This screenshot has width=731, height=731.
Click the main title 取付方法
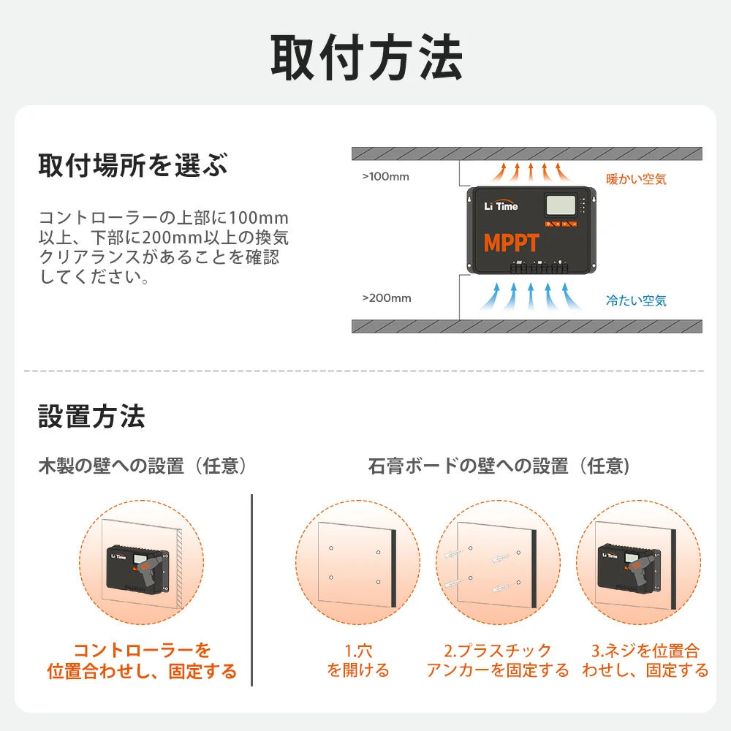[366, 57]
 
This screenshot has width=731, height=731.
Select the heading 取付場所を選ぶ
[133, 165]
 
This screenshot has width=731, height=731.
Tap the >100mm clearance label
[386, 177]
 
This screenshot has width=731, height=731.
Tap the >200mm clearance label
[386, 298]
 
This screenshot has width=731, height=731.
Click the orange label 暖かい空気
[636, 178]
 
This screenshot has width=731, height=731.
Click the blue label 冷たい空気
[636, 300]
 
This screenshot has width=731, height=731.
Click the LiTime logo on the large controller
[501, 206]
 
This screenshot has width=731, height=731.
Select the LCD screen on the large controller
[559, 205]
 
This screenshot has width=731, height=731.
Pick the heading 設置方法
[91, 416]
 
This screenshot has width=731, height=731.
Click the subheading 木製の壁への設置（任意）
[143, 466]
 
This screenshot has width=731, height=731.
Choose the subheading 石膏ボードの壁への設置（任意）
[499, 466]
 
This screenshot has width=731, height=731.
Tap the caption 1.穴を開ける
[358, 660]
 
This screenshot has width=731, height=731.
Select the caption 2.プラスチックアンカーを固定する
[498, 660]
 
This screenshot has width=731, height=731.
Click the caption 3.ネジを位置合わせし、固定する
[645, 660]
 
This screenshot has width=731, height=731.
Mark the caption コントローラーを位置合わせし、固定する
[143, 660]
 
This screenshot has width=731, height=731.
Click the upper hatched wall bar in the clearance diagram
[526, 154]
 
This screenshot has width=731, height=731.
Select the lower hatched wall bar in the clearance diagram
[526, 326]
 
